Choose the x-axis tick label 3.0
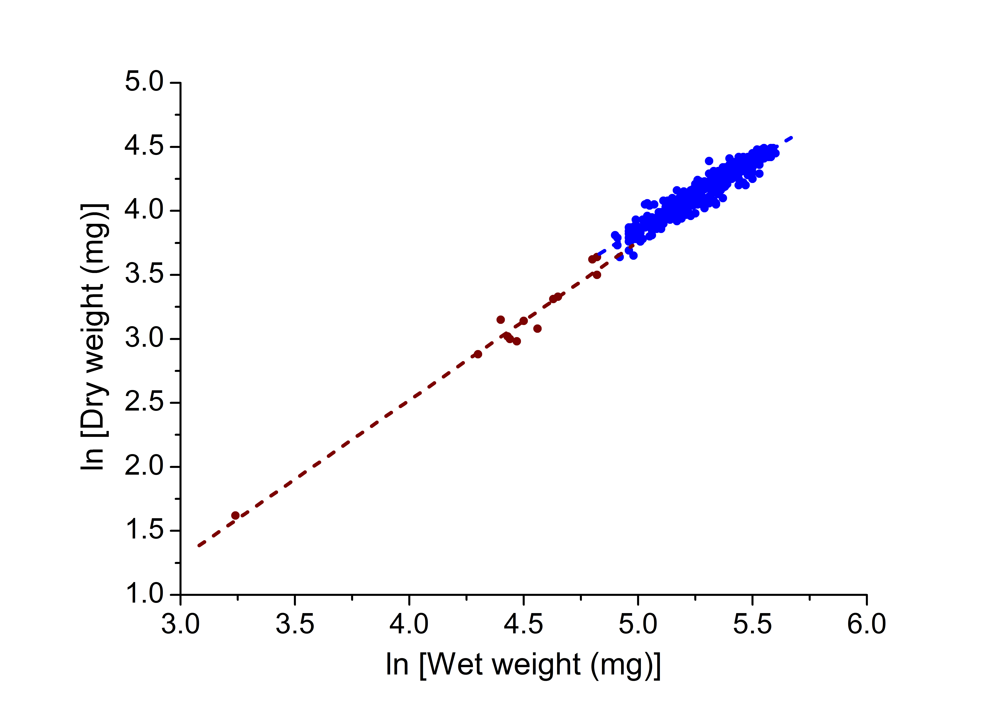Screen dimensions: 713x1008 point(181,624)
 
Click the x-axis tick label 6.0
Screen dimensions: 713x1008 point(866,624)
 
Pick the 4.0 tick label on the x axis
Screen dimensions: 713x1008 point(409,624)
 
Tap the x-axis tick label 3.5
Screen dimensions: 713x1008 point(295,624)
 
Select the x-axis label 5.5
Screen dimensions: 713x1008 point(752,624)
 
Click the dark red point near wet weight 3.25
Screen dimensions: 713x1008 point(235,515)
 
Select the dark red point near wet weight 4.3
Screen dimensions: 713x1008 point(478,354)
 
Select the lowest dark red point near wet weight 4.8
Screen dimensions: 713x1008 point(597,275)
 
